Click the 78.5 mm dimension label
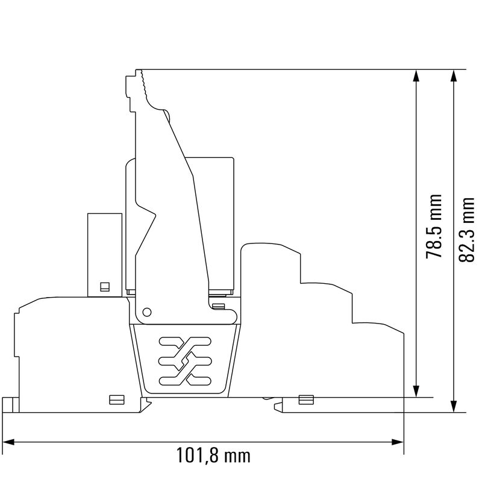(434, 227)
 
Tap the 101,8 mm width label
(212, 455)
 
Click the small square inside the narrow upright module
(105, 287)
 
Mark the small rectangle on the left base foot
(116, 399)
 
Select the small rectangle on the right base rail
(306, 399)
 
